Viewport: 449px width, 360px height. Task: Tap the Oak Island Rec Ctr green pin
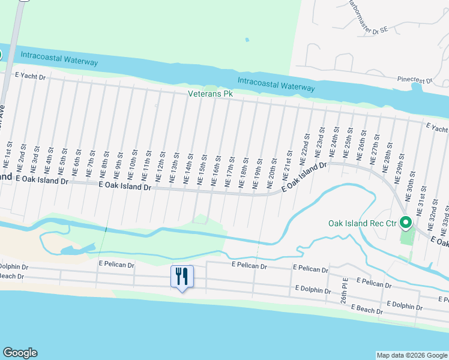406,223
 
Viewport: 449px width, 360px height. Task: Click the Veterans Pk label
210,94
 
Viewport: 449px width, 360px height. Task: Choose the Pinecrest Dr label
415,80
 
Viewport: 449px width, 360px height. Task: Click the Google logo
19,353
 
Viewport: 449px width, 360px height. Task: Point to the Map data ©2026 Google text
411,355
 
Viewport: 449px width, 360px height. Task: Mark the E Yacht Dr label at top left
30,76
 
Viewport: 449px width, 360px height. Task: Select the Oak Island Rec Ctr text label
362,223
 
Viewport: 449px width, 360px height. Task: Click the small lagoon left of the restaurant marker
77,249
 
